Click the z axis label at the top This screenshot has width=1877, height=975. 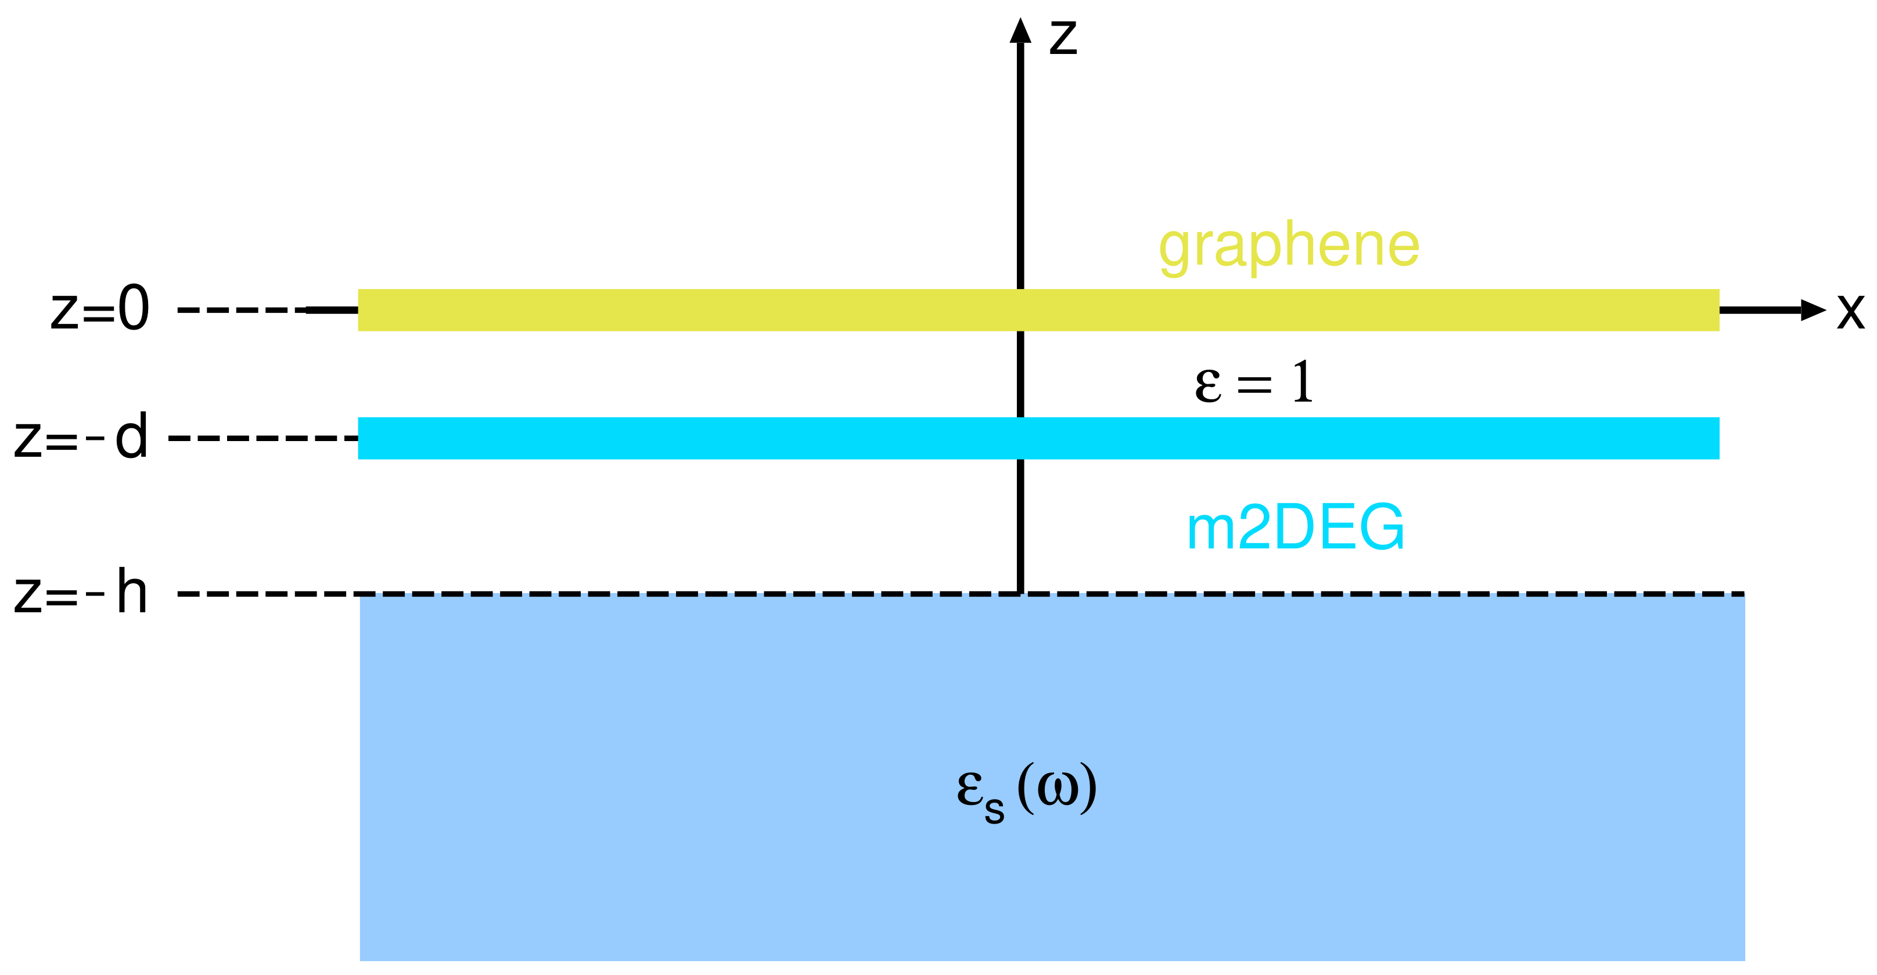point(1063,38)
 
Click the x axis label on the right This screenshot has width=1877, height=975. point(1850,312)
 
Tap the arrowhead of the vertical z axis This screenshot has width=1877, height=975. point(1020,31)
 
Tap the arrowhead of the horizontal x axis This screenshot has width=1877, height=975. point(1813,310)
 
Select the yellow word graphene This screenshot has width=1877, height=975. point(1288,246)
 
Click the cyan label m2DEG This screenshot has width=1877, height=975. point(1295,527)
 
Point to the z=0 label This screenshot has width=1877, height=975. point(100,309)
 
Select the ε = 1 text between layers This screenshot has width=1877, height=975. point(1254,383)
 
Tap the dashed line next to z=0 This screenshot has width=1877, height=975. point(240,310)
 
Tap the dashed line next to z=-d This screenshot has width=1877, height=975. point(263,438)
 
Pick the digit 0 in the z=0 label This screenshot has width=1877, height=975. point(134,309)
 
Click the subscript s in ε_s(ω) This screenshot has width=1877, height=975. point(995,810)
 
